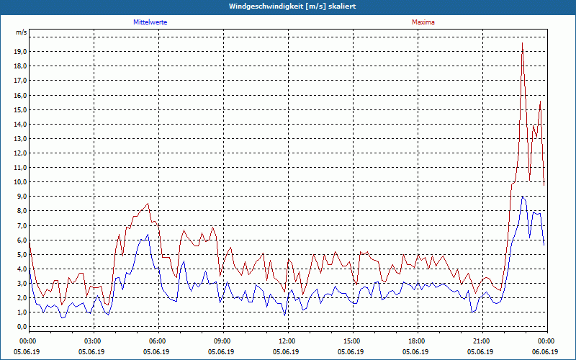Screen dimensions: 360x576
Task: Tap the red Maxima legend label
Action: point(423,22)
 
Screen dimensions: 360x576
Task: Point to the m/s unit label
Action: point(22,33)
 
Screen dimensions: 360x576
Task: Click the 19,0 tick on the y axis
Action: point(20,52)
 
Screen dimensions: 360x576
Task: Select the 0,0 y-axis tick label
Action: point(22,327)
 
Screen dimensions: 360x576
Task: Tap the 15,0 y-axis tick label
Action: point(20,110)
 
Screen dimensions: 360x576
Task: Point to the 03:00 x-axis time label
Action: point(93,341)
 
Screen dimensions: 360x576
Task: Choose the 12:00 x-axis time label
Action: point(287,341)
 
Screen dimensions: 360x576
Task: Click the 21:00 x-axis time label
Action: point(481,341)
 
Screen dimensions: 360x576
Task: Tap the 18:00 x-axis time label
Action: point(416,341)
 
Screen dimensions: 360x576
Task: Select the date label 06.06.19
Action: point(545,351)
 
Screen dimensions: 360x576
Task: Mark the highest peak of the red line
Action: point(522,43)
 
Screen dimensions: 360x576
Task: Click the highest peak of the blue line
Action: point(522,196)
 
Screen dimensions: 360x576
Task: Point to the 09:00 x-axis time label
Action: point(222,341)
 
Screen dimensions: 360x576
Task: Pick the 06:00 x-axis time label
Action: point(158,341)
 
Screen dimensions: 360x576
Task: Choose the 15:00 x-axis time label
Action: point(351,341)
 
